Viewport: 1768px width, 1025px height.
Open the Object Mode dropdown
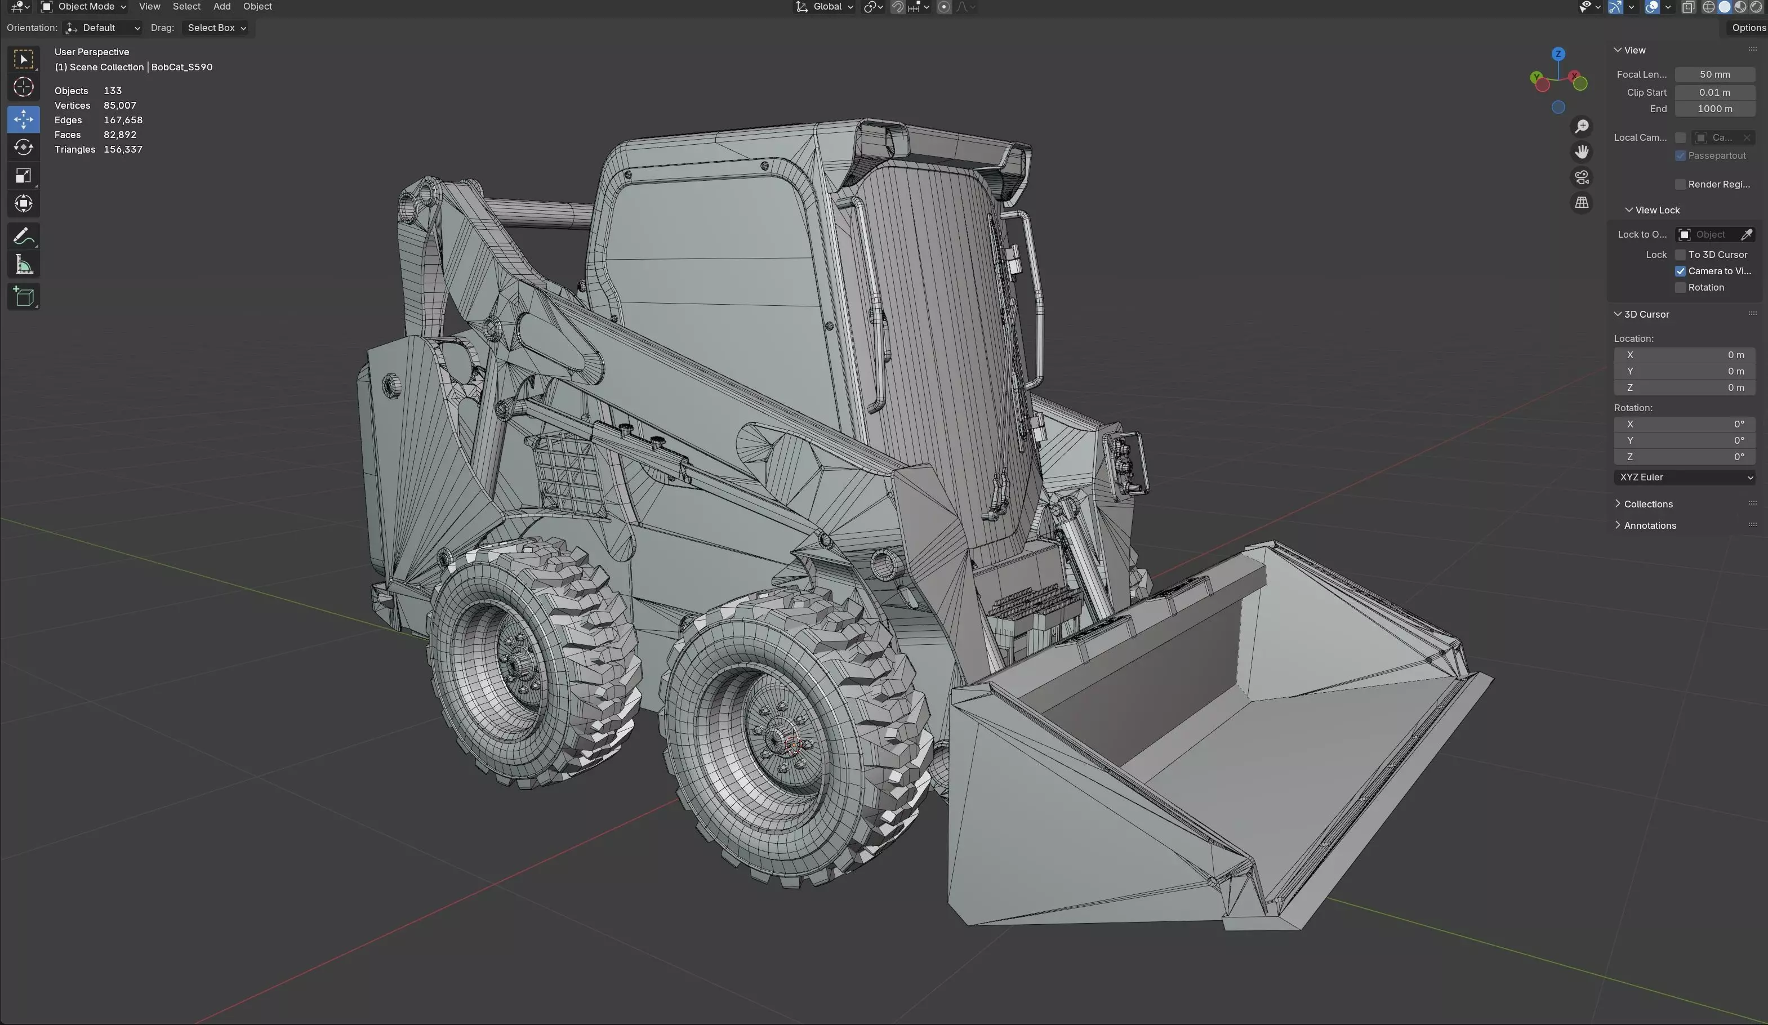[84, 7]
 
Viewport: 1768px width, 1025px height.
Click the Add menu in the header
[222, 7]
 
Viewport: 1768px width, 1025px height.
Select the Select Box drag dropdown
[216, 28]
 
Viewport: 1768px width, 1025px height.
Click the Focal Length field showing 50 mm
[1714, 74]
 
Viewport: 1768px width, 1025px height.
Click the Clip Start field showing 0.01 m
[1714, 92]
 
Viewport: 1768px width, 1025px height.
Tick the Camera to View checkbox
[1680, 271]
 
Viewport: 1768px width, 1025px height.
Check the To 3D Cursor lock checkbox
[1680, 255]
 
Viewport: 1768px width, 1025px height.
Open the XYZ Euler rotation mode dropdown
[1684, 477]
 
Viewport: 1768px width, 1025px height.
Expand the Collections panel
[1647, 503]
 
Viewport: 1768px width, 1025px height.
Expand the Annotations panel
[1649, 525]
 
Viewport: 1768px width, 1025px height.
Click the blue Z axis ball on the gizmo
[1558, 54]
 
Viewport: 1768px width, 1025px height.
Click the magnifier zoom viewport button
[1582, 126]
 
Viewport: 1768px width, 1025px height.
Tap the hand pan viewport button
[1582, 151]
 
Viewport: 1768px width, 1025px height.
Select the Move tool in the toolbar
[23, 119]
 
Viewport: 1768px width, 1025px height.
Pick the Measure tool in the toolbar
[23, 265]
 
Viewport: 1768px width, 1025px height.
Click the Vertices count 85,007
[120, 105]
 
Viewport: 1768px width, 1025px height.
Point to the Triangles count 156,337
[123, 149]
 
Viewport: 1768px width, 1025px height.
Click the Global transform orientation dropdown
[825, 7]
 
